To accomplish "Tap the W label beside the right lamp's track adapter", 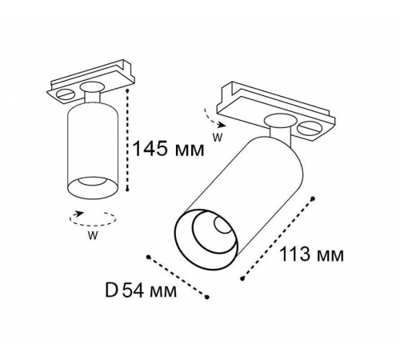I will (216, 137).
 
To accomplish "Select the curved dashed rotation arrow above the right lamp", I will (210, 118).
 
